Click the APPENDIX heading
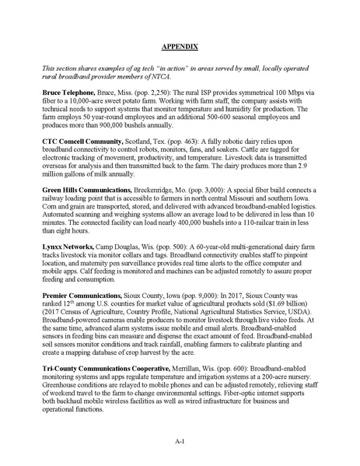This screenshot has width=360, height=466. point(180,47)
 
